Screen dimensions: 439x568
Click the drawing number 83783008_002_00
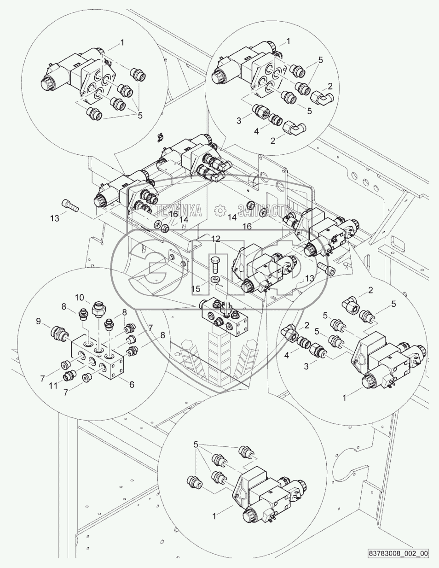coord(399,559)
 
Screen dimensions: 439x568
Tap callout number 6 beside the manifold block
coord(132,384)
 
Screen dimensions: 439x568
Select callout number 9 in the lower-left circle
coord(38,321)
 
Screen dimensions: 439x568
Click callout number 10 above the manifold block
coord(80,298)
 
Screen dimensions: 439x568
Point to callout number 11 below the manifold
coord(53,386)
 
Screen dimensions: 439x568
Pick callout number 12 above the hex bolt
coord(216,239)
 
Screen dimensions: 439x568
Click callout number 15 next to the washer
coord(196,288)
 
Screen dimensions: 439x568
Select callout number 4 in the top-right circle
coord(256,131)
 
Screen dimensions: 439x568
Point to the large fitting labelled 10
coord(98,308)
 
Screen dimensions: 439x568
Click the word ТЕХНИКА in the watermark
coord(179,211)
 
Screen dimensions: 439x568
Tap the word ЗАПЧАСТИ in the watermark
coord(264,211)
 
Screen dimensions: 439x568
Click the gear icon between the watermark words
coord(220,211)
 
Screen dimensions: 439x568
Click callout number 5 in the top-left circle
coord(140,115)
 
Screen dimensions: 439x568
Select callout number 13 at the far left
coord(55,218)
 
